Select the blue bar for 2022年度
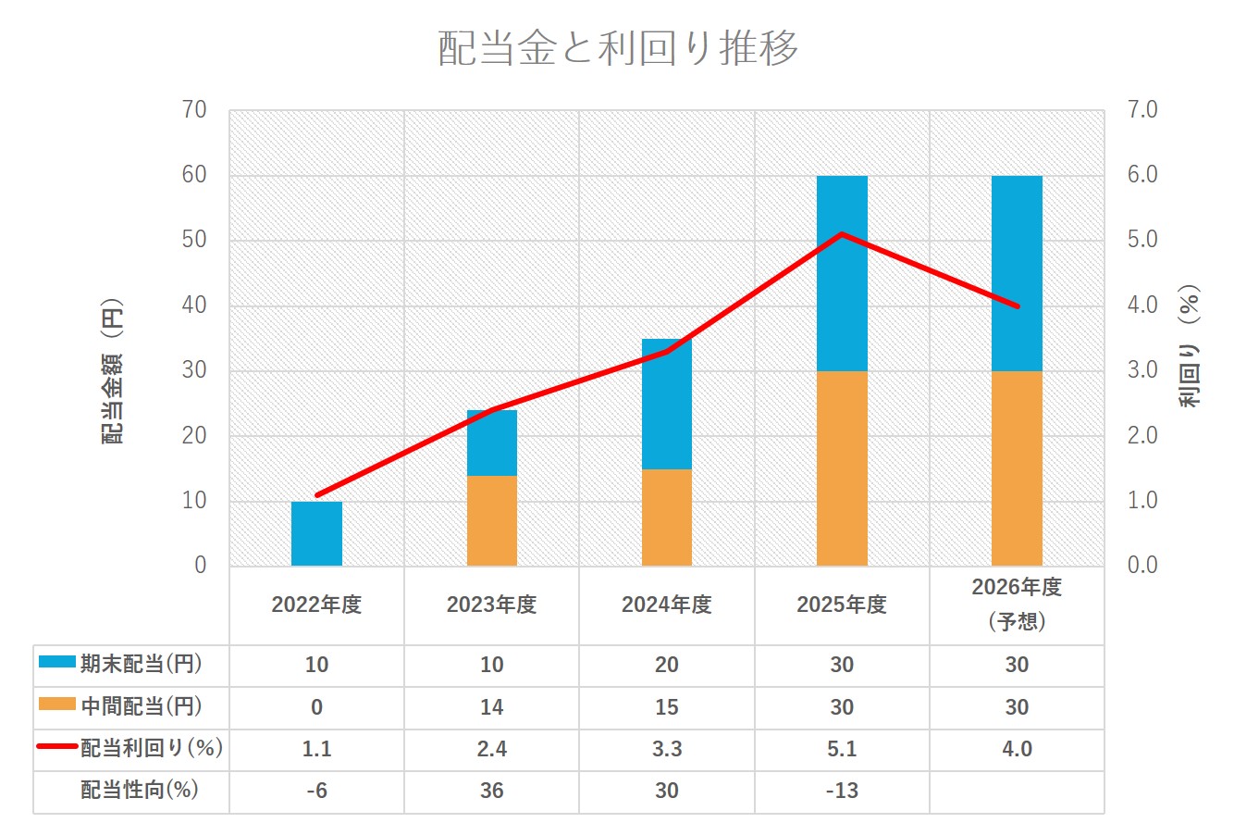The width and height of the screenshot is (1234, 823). click(x=316, y=533)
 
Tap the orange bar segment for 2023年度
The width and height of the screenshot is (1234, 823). click(x=492, y=520)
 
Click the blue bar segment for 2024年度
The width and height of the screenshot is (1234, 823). click(x=667, y=404)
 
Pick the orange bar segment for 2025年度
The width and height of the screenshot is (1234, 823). click(x=842, y=468)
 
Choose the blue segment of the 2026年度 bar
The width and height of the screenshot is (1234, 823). click(x=1017, y=273)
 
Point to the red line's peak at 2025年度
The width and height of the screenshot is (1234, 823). click(x=842, y=233)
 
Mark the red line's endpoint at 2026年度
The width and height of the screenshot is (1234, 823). click(x=1017, y=306)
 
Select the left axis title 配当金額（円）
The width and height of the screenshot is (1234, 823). click(x=113, y=370)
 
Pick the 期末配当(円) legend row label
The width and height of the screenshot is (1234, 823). click(x=141, y=665)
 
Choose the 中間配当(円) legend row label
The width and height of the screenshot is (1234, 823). click(x=141, y=707)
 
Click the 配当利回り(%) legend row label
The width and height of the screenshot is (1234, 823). click(x=152, y=749)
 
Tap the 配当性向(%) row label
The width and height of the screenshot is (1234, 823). click(x=140, y=791)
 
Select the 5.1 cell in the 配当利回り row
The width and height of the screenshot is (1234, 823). click(x=842, y=749)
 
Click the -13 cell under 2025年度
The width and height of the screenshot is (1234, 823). click(x=842, y=791)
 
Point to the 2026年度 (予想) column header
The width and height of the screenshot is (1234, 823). click(x=1017, y=604)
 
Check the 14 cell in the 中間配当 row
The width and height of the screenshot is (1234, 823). click(x=492, y=707)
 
